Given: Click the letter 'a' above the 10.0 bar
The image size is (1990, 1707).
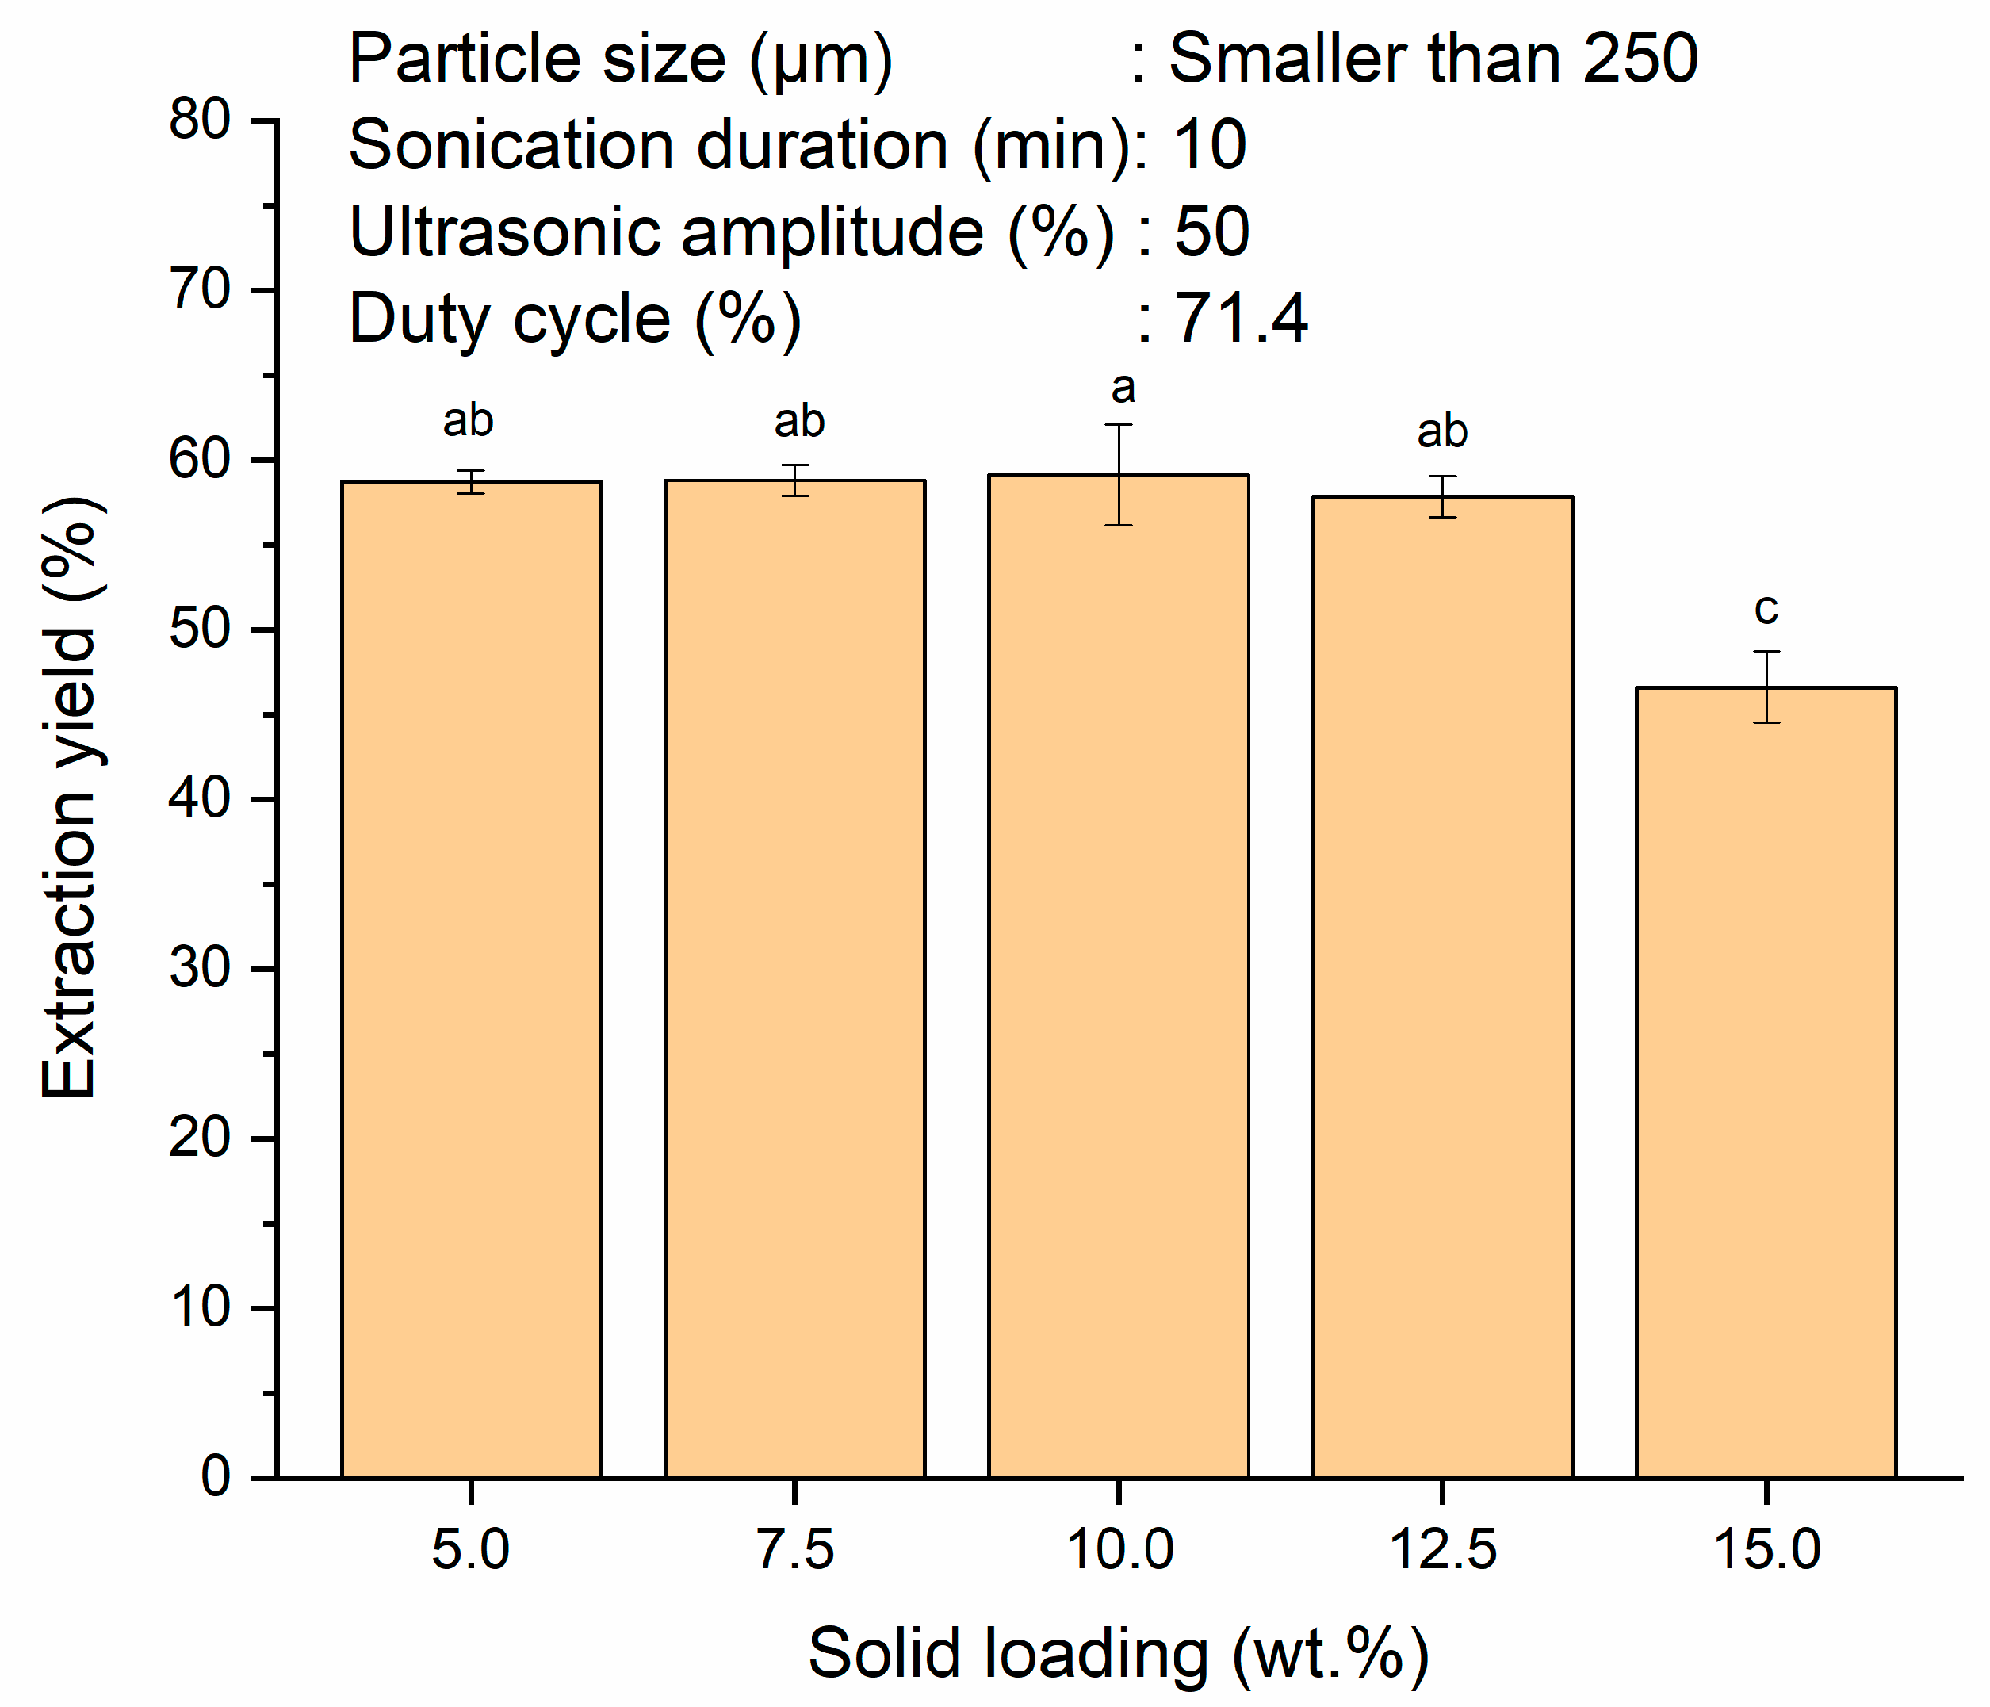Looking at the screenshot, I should point(1123,388).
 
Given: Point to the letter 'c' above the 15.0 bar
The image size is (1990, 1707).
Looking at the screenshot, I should point(1766,608).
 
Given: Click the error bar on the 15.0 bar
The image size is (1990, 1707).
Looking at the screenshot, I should point(1766,686).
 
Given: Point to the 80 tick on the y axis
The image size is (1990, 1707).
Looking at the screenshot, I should point(200,121).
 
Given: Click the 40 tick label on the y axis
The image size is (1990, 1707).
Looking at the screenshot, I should point(200,799).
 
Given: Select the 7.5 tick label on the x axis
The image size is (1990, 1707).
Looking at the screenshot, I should point(794,1549).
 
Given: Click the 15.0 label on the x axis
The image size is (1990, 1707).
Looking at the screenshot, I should point(1766,1549).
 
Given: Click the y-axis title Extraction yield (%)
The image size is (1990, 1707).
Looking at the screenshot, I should point(69,798).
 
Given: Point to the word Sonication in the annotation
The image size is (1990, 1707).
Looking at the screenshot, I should point(510,145).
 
